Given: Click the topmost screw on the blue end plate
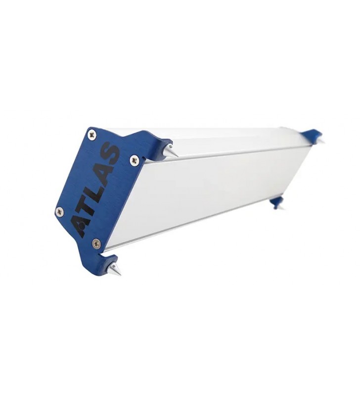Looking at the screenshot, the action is tap(92, 135).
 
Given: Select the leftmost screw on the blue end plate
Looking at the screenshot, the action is tap(59, 210).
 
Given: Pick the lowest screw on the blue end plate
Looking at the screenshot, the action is tap(96, 243).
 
